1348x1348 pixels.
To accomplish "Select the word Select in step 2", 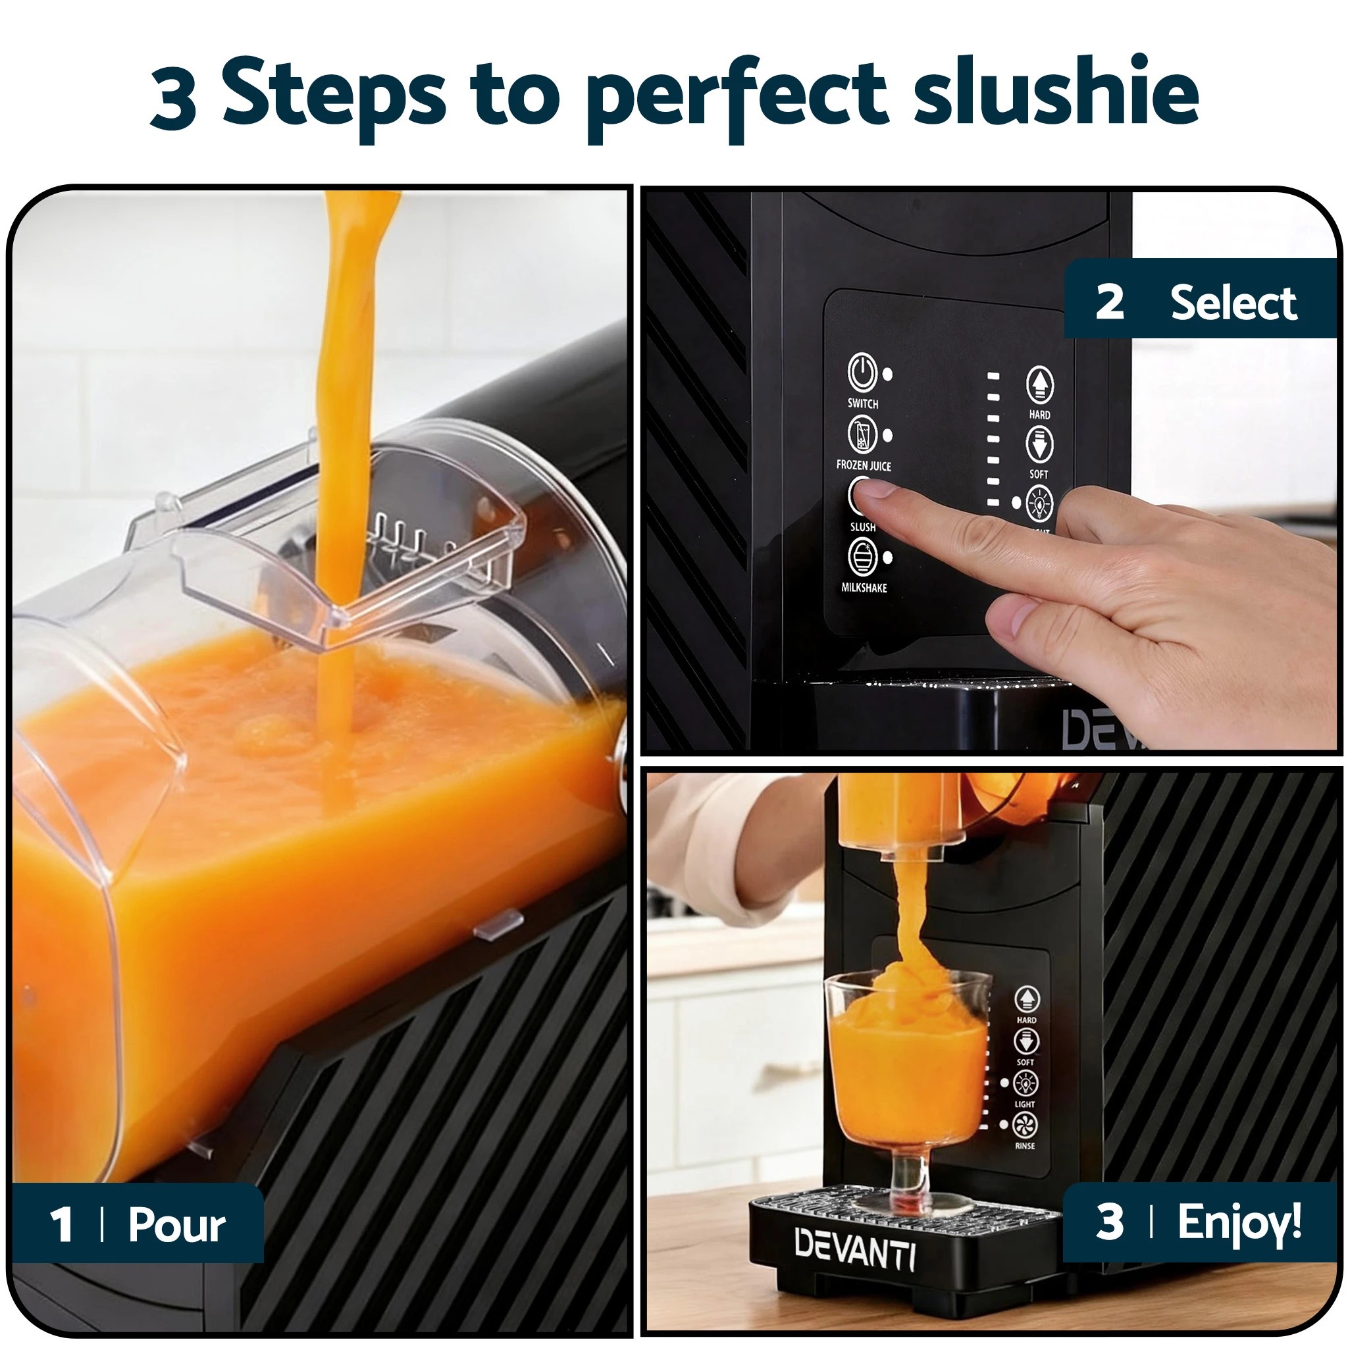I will tap(1233, 303).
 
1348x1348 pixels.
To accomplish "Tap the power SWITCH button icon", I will tap(862, 372).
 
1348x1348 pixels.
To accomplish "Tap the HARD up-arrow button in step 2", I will tap(1039, 384).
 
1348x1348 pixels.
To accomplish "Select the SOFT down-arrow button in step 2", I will tap(1039, 444).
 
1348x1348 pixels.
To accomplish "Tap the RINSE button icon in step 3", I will tap(1025, 1124).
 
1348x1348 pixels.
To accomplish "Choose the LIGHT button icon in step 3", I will tap(1025, 1083).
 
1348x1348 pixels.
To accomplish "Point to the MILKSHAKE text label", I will tap(864, 588).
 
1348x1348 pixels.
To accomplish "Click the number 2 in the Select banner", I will tap(1109, 302).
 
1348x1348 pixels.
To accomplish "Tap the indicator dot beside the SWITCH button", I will tap(887, 374).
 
